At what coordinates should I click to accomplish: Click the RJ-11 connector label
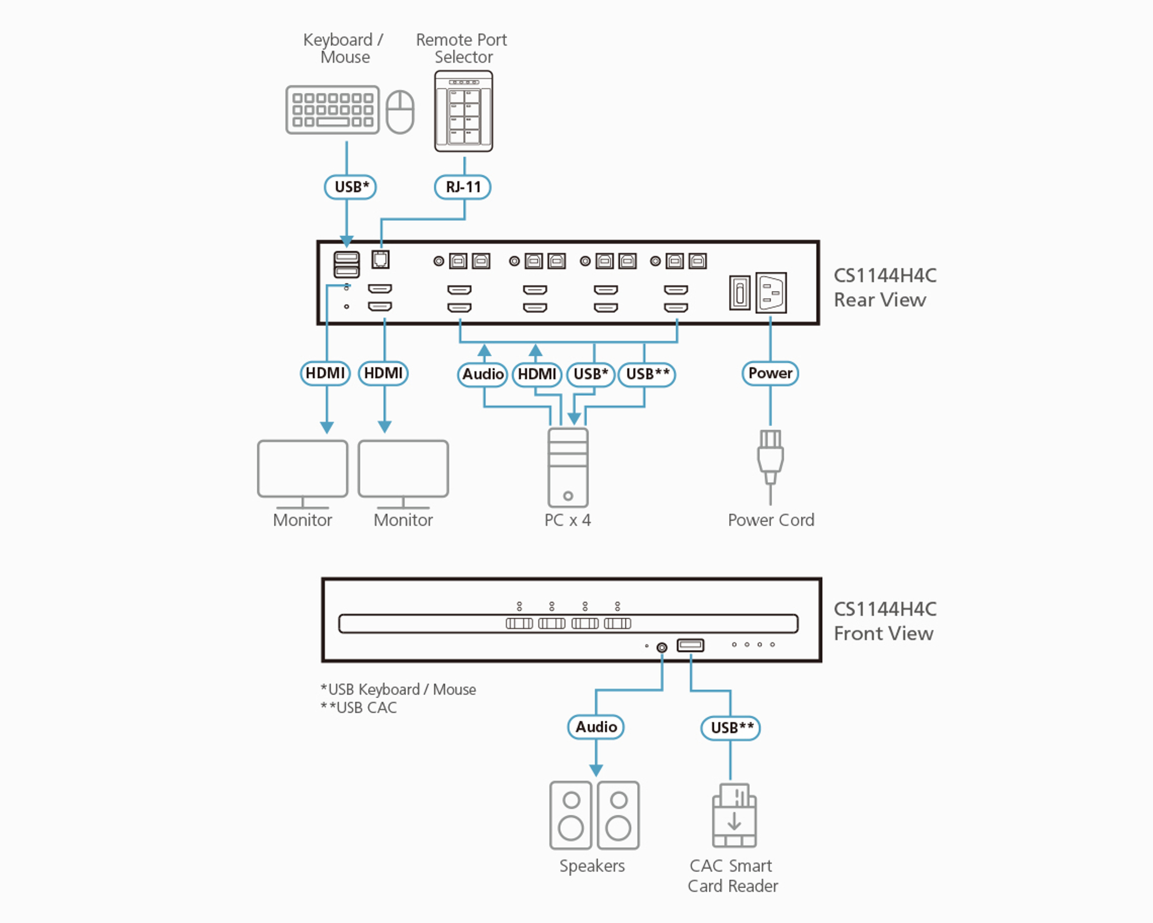pos(463,187)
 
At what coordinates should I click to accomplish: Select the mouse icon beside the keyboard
pos(400,112)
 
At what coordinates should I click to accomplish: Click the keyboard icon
pos(332,110)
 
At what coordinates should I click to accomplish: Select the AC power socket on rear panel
pos(771,293)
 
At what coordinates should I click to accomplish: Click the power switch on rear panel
pos(740,293)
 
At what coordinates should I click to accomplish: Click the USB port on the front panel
pos(690,645)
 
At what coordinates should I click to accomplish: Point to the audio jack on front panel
pos(662,647)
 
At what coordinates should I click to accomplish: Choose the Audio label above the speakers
pos(596,727)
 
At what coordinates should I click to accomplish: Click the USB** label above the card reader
pos(731,728)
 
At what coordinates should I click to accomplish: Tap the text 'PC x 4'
pos(567,520)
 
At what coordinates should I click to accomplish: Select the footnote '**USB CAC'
pos(359,707)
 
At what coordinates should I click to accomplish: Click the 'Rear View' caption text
pos(880,300)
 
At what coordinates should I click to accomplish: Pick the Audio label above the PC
pos(483,374)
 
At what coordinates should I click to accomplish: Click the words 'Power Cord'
pos(771,520)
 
